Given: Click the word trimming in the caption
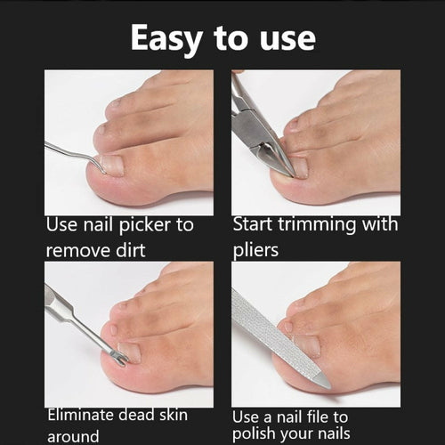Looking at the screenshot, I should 315,224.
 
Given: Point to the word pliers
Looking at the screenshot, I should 257,249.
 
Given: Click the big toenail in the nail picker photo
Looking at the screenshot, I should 111,165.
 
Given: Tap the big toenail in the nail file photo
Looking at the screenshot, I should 307,347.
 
